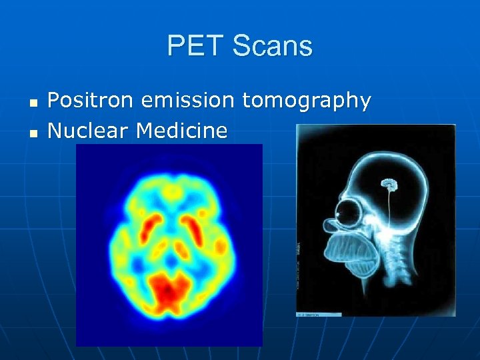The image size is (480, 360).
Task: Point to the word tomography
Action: coord(306,101)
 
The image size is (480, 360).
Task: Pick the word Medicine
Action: coord(181,130)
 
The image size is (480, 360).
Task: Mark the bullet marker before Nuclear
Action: coord(34,132)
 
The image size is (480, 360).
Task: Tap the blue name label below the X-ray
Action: coord(319,313)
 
